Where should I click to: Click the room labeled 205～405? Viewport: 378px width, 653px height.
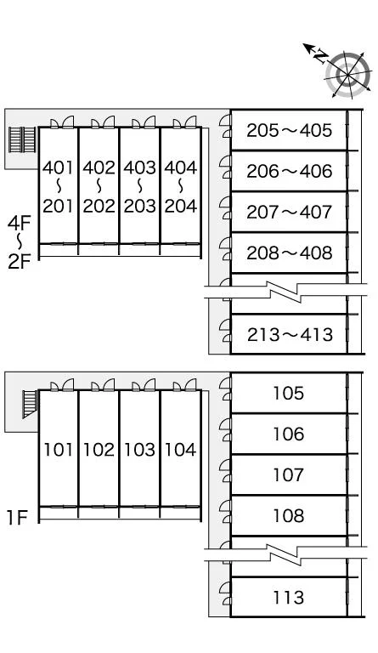click(290, 130)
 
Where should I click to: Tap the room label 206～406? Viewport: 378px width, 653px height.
click(290, 171)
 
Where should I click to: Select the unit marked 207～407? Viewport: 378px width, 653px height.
click(290, 212)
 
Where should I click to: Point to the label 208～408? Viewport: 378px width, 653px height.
click(290, 253)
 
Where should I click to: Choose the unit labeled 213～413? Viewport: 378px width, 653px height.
click(290, 334)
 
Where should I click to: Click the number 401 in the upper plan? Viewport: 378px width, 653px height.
click(59, 168)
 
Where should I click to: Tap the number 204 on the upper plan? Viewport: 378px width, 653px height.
click(180, 206)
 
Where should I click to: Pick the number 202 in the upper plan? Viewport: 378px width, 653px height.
click(99, 206)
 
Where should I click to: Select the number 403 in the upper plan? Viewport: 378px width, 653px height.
click(139, 168)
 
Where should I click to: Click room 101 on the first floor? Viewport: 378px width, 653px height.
click(59, 450)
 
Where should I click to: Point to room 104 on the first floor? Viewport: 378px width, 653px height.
click(180, 450)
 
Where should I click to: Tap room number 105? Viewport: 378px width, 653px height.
click(289, 393)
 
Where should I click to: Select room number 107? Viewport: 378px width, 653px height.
click(289, 474)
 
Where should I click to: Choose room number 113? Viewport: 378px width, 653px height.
click(289, 597)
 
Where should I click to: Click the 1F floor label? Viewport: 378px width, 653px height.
click(17, 518)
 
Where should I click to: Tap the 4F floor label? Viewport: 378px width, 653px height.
click(20, 224)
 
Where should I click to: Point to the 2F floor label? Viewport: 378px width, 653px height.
click(20, 262)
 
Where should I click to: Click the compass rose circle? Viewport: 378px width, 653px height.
click(347, 75)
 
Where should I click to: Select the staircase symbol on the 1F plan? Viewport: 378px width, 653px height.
click(30, 403)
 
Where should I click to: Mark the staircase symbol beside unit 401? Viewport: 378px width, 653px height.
click(22, 140)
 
